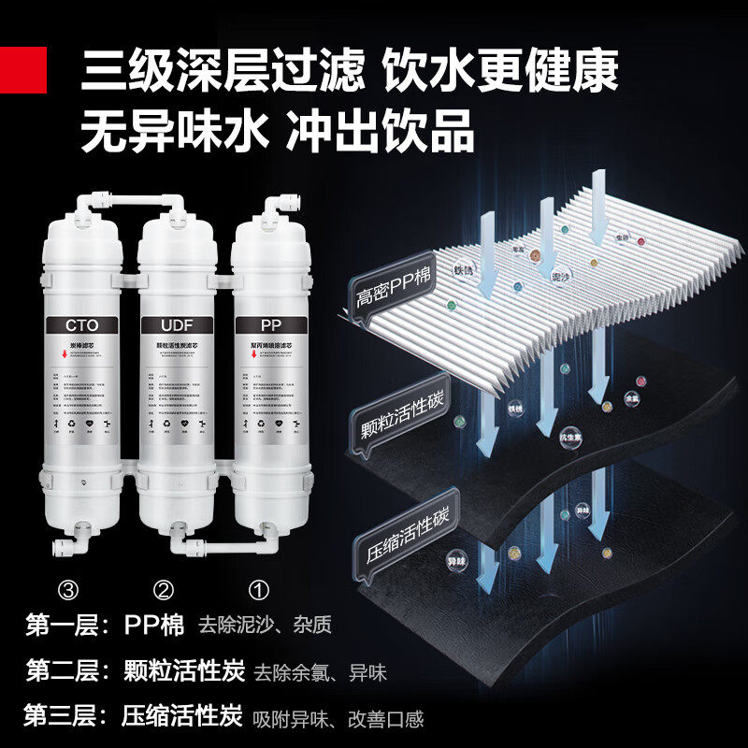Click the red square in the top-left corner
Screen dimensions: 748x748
coord(22,69)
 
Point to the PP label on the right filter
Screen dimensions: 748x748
coord(271,326)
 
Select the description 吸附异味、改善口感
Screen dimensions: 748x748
coord(338,719)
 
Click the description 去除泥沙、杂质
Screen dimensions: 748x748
coord(265,625)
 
